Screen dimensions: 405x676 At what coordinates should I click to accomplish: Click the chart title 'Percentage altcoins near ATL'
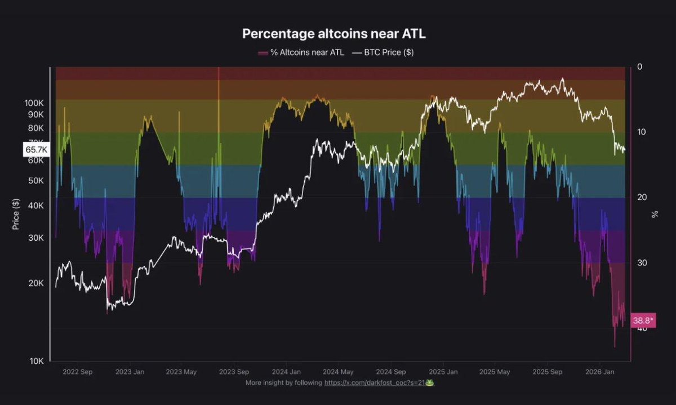(334, 34)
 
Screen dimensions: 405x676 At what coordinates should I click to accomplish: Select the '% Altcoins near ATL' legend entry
(301, 52)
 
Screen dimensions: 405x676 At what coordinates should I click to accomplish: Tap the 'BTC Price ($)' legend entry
(384, 52)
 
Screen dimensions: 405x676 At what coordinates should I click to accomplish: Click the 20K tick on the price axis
(35, 283)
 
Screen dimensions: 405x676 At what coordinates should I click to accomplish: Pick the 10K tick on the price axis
(35, 361)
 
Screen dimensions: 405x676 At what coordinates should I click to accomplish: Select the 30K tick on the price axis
(35, 238)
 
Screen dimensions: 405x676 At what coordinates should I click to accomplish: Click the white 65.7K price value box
(36, 150)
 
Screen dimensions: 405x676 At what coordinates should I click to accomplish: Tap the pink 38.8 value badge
(643, 321)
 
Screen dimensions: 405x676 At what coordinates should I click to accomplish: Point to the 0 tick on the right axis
(639, 67)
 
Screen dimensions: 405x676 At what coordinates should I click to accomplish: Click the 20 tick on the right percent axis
(641, 197)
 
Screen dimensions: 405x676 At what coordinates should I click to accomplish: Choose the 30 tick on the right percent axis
(641, 263)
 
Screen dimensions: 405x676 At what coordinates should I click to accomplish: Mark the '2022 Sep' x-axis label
(78, 372)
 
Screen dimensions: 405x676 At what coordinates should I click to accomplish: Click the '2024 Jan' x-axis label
(287, 372)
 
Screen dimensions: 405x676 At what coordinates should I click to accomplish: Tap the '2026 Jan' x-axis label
(599, 372)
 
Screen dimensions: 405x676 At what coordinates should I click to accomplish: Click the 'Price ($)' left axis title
(16, 214)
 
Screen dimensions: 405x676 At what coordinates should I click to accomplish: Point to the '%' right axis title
(655, 214)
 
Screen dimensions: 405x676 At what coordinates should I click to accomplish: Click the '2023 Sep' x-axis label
(234, 372)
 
